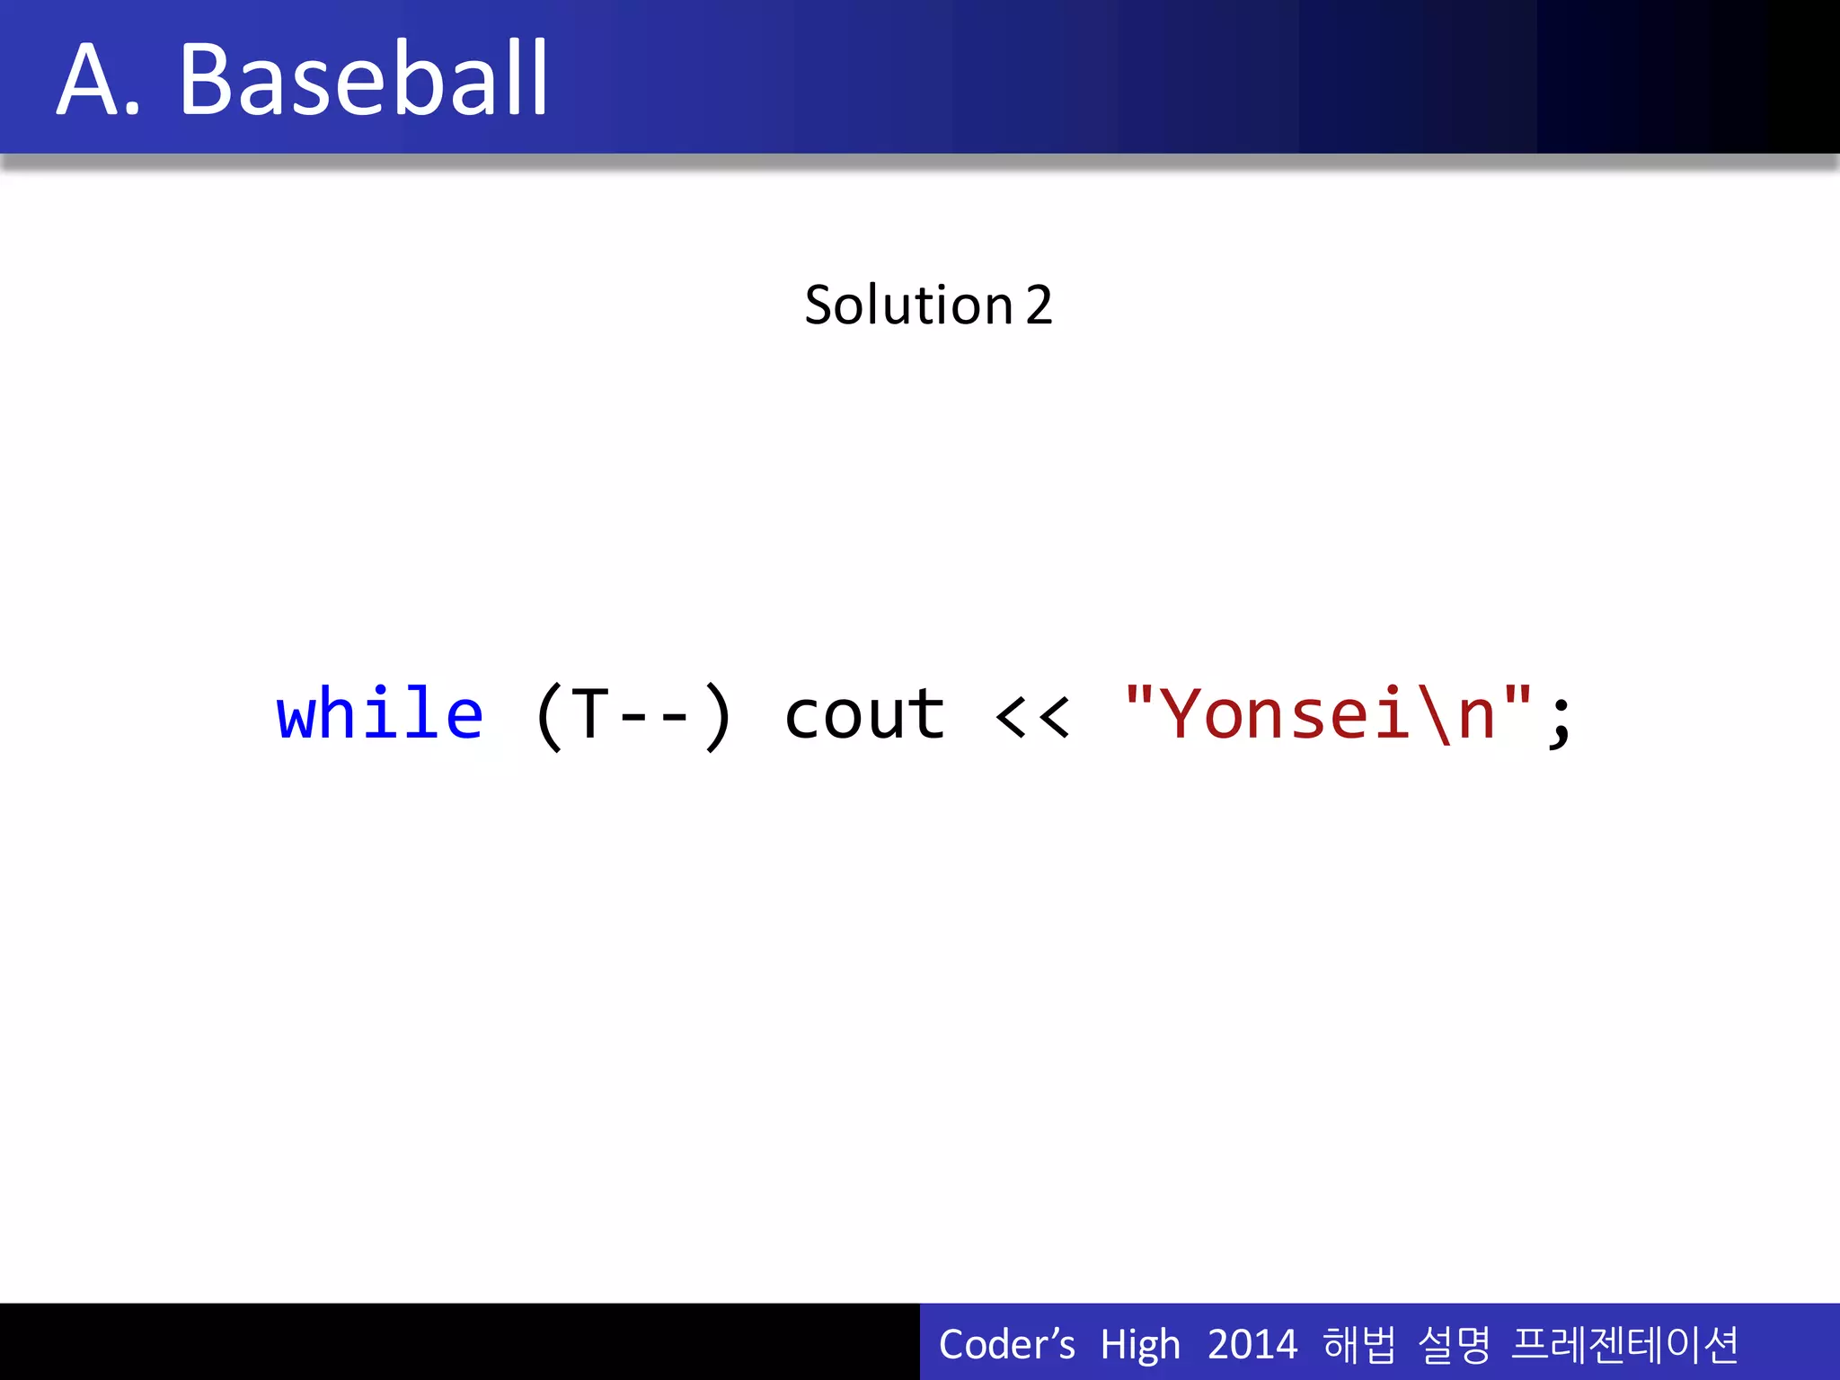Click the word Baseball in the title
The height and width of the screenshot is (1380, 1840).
pos(363,81)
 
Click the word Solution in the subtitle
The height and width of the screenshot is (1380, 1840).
pos(908,305)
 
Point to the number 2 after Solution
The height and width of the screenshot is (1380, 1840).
pos(1039,305)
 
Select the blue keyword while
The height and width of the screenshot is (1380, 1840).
pos(379,715)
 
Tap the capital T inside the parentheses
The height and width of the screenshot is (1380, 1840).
pos(590,715)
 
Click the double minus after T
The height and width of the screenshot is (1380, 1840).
pos(654,717)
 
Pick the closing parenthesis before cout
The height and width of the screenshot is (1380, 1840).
pos(718,717)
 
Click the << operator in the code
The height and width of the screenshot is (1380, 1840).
pos(1033,717)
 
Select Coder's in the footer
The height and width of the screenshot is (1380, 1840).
pos(1006,1345)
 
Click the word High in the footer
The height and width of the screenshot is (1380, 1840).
pos(1139,1345)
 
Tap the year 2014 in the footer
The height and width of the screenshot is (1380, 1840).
pos(1252,1345)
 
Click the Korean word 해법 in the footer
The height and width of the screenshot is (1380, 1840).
pos(1359,1345)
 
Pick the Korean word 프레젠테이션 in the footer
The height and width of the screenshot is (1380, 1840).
pos(1624,1345)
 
